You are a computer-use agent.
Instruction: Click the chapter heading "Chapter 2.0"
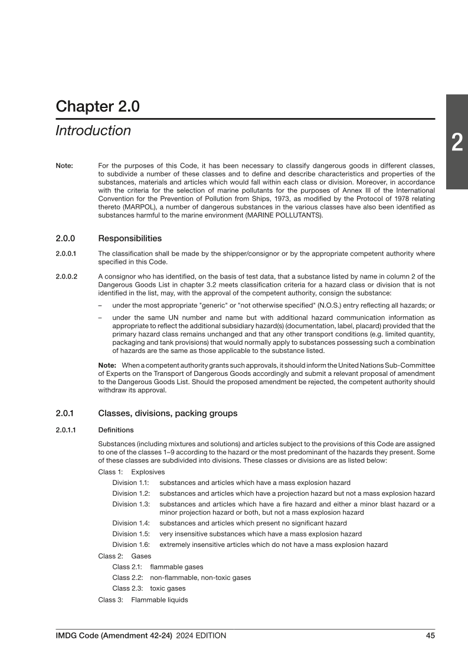tap(97, 106)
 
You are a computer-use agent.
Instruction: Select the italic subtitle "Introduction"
tap(93, 130)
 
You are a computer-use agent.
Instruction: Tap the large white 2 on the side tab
tap(457, 143)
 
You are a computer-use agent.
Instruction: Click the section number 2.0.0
tap(67, 239)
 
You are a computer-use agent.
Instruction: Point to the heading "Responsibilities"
tap(129, 239)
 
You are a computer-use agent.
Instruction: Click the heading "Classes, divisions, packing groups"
tap(168, 413)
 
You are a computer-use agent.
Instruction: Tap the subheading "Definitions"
tap(116, 430)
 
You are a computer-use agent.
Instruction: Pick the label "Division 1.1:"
tap(131, 483)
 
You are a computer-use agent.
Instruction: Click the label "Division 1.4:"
tap(131, 523)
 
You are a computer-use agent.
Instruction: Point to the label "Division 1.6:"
tap(131, 545)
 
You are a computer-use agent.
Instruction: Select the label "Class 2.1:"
tap(129, 566)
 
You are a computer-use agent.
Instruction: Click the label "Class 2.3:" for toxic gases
tap(129, 588)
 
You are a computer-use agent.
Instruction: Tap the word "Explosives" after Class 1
tap(148, 472)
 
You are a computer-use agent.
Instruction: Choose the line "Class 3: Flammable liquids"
tap(143, 599)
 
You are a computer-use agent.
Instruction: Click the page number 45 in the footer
tap(430, 635)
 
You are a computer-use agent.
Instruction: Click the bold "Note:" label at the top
tap(64, 166)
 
